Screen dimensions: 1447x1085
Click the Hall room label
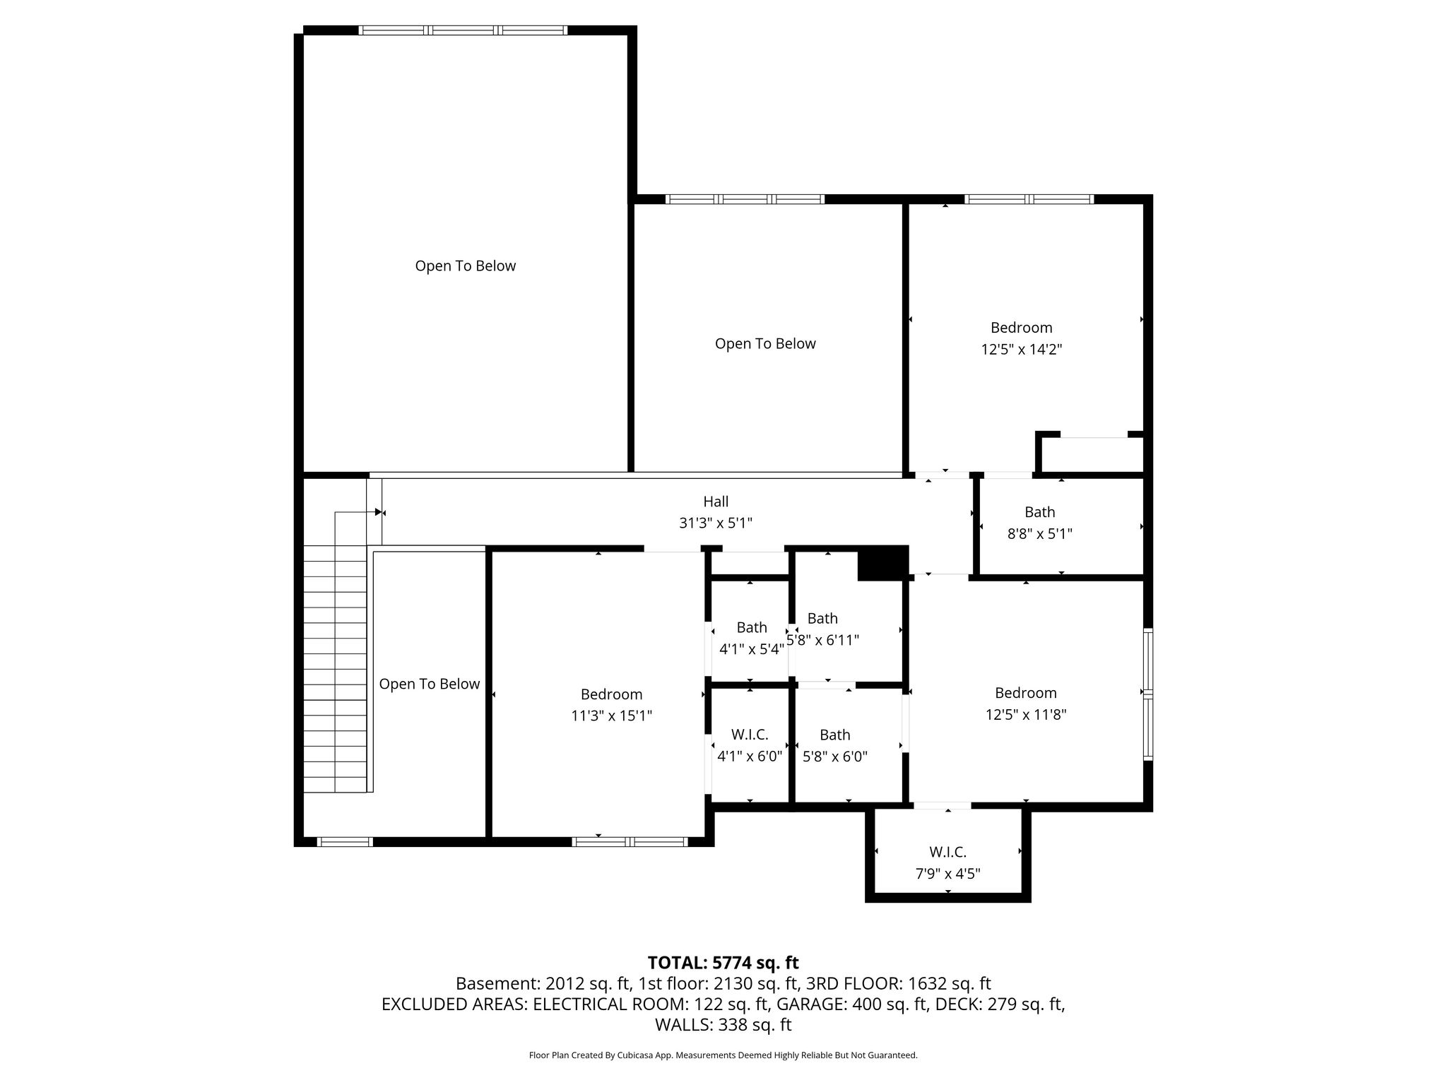click(x=716, y=502)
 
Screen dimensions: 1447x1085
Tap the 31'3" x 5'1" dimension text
click(x=716, y=523)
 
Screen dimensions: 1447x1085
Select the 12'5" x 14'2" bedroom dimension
click(x=1022, y=349)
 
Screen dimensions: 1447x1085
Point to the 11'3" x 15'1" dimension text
click(x=611, y=716)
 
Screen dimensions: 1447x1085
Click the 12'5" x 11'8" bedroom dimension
click(x=1026, y=714)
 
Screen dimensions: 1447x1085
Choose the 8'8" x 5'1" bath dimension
click(x=1039, y=534)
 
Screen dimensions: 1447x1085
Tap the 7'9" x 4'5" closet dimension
click(x=947, y=874)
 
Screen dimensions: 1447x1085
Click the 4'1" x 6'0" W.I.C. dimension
click(x=750, y=757)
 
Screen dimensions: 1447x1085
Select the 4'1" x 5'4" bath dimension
click(x=752, y=649)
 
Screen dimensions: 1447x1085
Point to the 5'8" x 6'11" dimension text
click(x=823, y=640)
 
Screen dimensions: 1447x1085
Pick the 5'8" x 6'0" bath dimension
click(x=835, y=757)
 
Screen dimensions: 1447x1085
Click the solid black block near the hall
click(x=882, y=563)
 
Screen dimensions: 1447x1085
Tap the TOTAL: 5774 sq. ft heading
click(x=723, y=963)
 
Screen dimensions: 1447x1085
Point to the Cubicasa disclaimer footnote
click(x=723, y=1055)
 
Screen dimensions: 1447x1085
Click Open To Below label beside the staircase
click(x=430, y=684)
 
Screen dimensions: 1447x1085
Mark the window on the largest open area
click(x=463, y=30)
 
